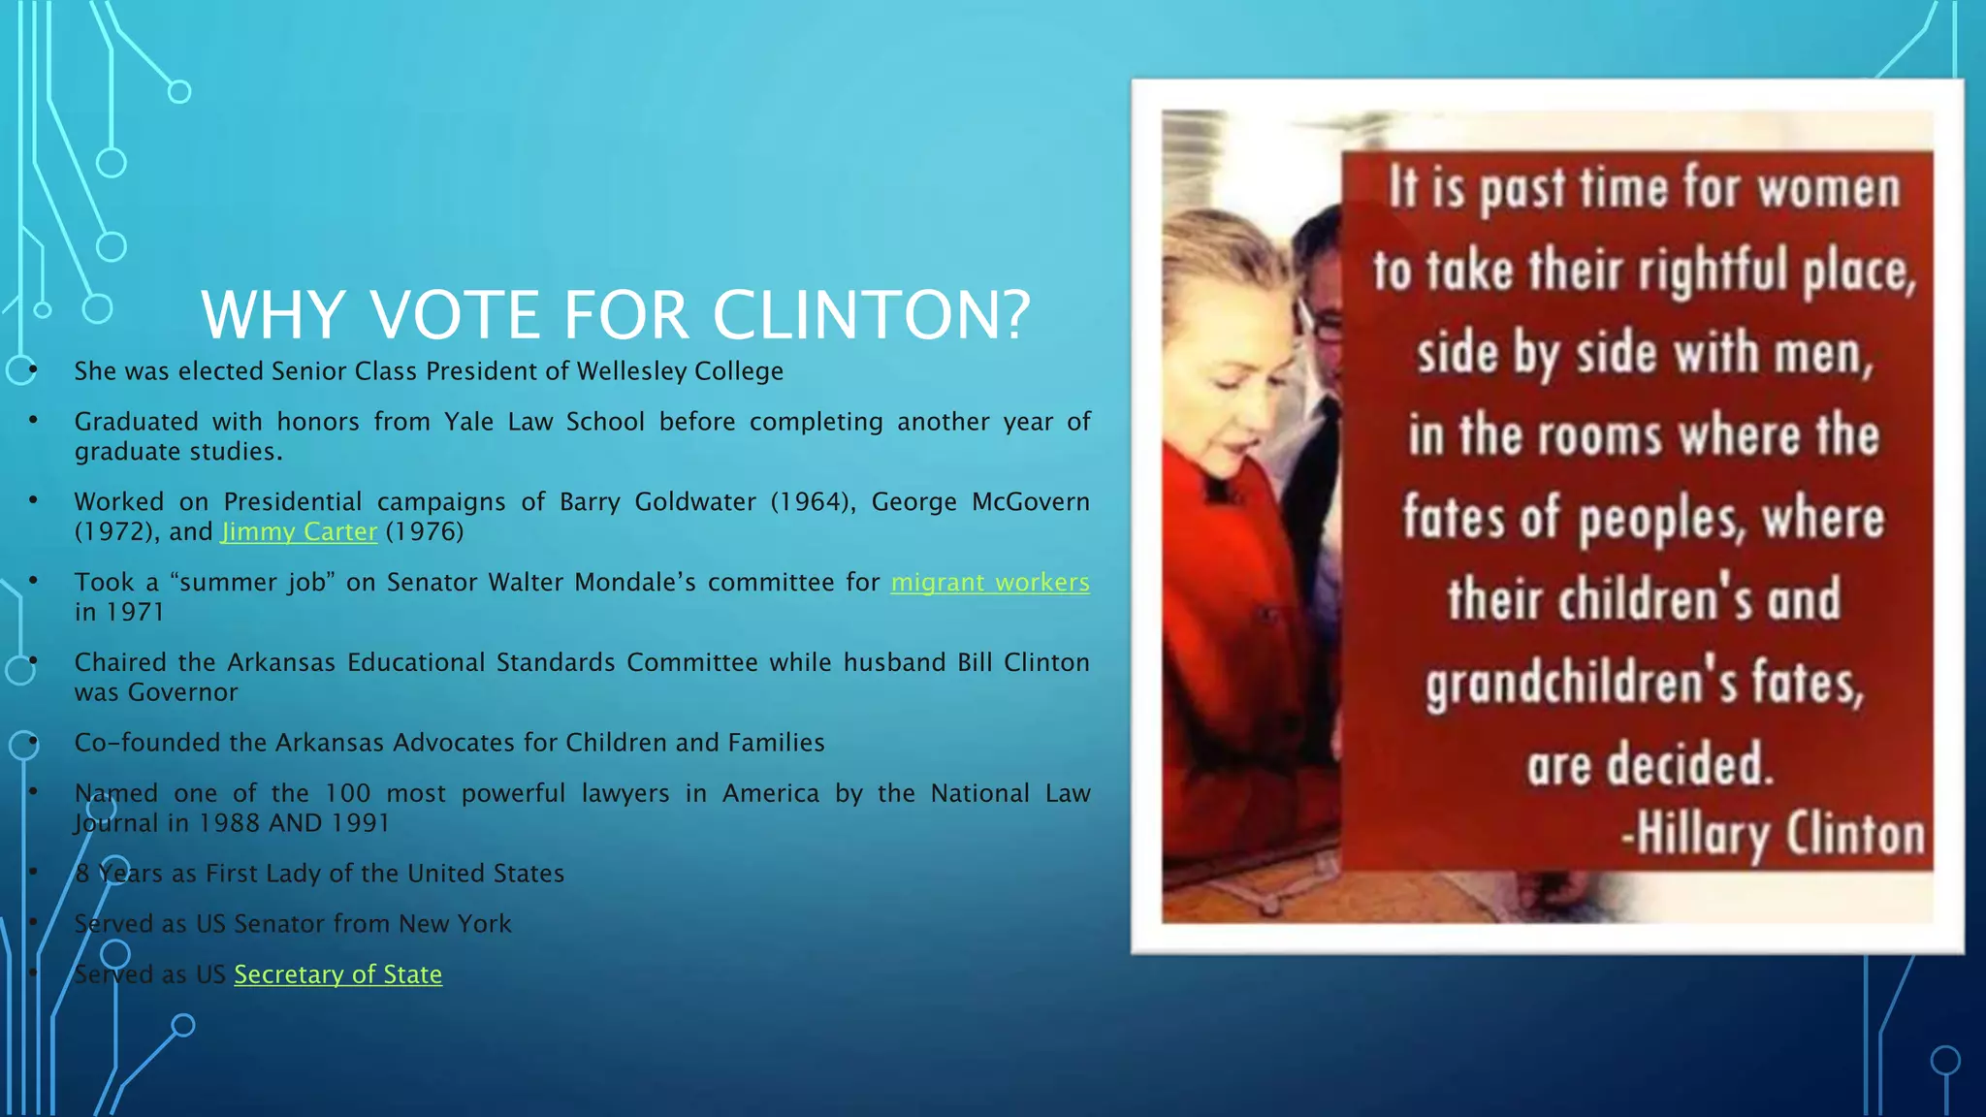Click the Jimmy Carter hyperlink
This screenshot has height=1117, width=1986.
pos(299,532)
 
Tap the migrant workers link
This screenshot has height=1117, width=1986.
pos(990,583)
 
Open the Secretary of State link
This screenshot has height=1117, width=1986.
pos(337,974)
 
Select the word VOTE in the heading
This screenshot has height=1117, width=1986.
pos(455,315)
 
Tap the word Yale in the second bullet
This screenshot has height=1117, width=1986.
pos(468,422)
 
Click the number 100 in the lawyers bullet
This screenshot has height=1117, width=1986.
pos(347,794)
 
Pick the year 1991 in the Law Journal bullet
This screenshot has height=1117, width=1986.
pos(360,823)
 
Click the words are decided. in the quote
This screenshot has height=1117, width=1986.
pos(1650,766)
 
